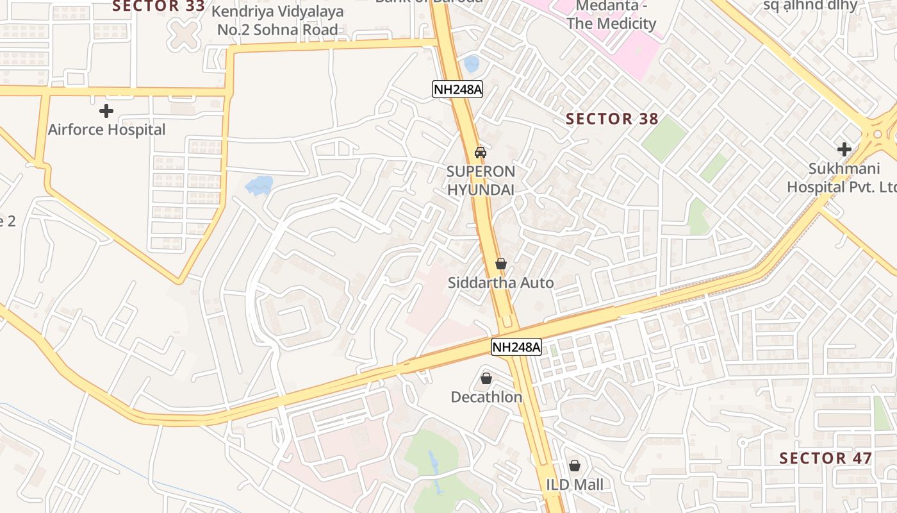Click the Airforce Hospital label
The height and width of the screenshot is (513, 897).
click(x=106, y=130)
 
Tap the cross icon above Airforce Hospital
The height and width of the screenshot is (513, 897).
click(x=106, y=111)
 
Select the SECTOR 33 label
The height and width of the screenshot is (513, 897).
click(x=158, y=6)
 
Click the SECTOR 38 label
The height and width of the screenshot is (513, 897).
click(x=612, y=119)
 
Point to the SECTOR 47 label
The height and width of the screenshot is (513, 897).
click(x=825, y=458)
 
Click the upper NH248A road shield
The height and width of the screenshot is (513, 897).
click(x=457, y=89)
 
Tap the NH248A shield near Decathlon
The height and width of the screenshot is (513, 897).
click(x=516, y=348)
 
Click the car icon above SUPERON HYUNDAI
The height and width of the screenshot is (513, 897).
click(x=480, y=153)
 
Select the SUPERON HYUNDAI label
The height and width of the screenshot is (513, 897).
click(x=481, y=180)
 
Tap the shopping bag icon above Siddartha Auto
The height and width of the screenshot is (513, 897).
click(x=501, y=264)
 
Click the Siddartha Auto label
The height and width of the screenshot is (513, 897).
click(x=500, y=283)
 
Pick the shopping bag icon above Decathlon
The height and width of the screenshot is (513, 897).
click(x=486, y=378)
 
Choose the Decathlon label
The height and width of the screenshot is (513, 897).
click(x=486, y=397)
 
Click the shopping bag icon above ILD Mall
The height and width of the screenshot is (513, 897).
click(x=575, y=466)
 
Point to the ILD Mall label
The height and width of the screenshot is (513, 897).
click(x=575, y=484)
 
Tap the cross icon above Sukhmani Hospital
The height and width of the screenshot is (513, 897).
click(x=844, y=149)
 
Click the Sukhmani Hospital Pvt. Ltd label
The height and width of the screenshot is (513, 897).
click(x=841, y=178)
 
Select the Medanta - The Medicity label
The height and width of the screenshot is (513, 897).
click(x=607, y=15)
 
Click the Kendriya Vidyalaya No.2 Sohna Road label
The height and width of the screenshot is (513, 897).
click(x=277, y=21)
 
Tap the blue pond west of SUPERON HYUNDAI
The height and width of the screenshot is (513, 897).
click(x=259, y=185)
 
